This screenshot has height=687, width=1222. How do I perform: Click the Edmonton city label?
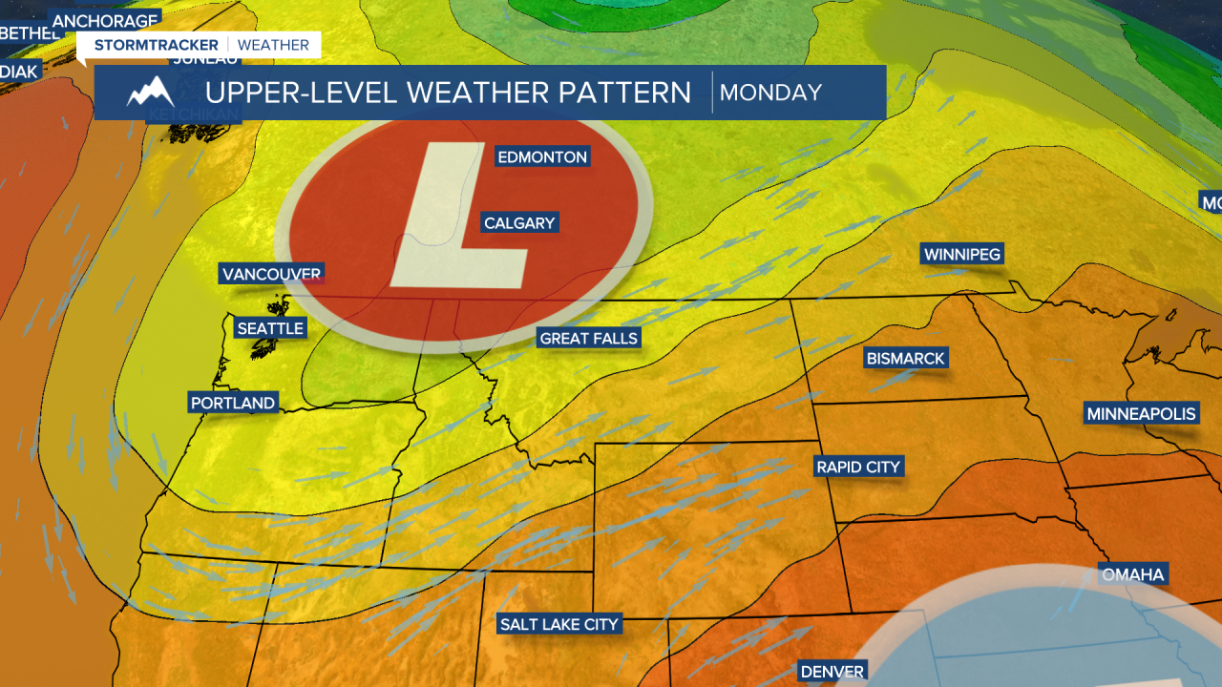pos(541,156)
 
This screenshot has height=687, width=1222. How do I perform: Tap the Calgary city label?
pos(519,223)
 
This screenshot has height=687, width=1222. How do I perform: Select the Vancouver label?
pos(271,274)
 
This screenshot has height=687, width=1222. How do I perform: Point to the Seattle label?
pos(270,328)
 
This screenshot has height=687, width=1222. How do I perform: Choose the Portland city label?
pos(233,403)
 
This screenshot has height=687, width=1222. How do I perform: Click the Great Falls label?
pos(588,338)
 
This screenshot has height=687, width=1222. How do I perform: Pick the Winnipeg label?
pos(961,254)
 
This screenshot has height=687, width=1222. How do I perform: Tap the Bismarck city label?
pos(905,359)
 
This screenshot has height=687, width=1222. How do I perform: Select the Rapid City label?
pos(858,467)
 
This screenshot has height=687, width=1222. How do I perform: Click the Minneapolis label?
pos(1141,413)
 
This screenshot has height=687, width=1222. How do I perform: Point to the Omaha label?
pos(1133,574)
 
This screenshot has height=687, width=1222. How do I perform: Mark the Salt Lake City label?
pos(559,624)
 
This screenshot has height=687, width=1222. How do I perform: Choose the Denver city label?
pos(832,672)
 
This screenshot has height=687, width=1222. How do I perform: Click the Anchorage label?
pos(105,20)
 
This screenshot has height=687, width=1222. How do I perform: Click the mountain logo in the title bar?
pos(150,92)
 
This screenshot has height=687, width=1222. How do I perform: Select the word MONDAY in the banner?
pos(770,93)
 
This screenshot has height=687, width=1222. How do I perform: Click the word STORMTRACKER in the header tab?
pos(157,45)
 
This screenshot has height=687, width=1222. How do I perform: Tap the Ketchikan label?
pos(194,115)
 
